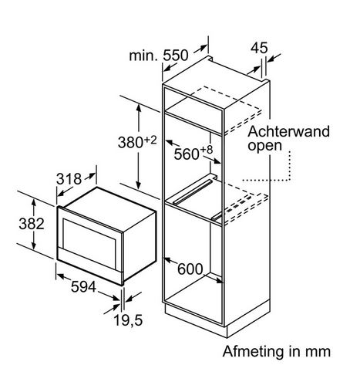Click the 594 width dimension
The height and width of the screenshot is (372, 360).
click(x=83, y=286)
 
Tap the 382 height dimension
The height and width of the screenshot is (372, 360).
click(x=32, y=224)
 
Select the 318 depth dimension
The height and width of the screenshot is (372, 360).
click(x=69, y=178)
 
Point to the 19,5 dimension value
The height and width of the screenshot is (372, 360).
click(x=128, y=320)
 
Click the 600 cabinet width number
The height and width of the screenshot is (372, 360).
click(x=190, y=269)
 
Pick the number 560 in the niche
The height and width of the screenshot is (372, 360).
click(x=187, y=154)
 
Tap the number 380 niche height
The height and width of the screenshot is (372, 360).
click(x=130, y=142)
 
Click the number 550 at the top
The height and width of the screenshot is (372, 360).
click(x=176, y=55)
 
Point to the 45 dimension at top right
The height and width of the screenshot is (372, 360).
click(x=259, y=48)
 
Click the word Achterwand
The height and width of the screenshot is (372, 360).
click(x=288, y=131)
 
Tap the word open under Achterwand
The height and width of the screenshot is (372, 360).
click(x=265, y=146)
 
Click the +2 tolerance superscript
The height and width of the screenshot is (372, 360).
click(x=150, y=140)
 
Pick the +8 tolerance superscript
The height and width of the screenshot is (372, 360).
click(x=207, y=150)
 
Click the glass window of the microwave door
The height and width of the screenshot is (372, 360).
click(x=89, y=242)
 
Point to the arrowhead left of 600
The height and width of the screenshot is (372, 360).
click(x=167, y=260)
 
